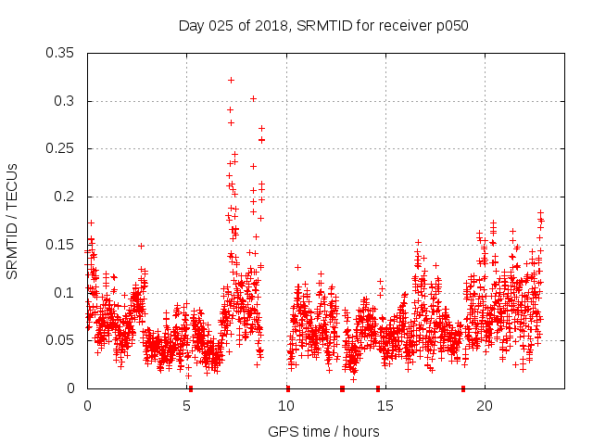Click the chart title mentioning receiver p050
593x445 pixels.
pyautogui.click(x=323, y=25)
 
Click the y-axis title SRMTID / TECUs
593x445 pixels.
pyautogui.click(x=12, y=221)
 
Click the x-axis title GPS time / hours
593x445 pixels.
pyautogui.click(x=323, y=431)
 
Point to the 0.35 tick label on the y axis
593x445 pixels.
pyautogui.click(x=60, y=53)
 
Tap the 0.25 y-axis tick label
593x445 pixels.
pyautogui.click(x=60, y=148)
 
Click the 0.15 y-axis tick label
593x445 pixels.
pyautogui.click(x=60, y=245)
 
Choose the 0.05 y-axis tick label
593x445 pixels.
pyautogui.click(x=60, y=340)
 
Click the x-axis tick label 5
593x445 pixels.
pyautogui.click(x=186, y=406)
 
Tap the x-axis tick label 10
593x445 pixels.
pyautogui.click(x=286, y=406)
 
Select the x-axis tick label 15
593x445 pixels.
pyautogui.click(x=385, y=406)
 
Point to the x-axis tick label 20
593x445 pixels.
pyautogui.click(x=485, y=406)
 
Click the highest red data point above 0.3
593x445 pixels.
pyautogui.click(x=231, y=80)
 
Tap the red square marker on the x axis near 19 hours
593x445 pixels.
pyautogui.click(x=463, y=388)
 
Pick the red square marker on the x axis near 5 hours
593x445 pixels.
pyautogui.click(x=190, y=388)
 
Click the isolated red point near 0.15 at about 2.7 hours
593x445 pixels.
pyautogui.click(x=141, y=246)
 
